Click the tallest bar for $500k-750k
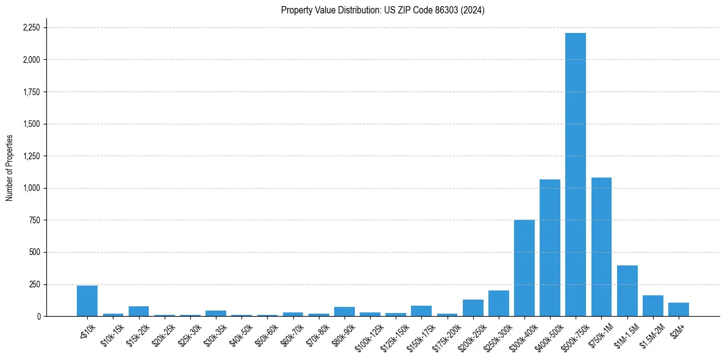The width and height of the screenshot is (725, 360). coord(575,175)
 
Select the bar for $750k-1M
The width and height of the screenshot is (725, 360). coord(601,247)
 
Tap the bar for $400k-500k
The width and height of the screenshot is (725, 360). coord(549,248)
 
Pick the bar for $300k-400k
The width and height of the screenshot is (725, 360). coord(524,268)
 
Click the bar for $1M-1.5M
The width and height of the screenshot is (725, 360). coord(627,291)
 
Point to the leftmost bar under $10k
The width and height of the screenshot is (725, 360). coord(87,301)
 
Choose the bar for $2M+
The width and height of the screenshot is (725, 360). coord(678,309)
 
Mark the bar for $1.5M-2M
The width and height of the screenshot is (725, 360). coord(652,306)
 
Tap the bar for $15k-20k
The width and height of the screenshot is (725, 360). coord(138,311)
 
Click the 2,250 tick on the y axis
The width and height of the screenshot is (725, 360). coord(32,28)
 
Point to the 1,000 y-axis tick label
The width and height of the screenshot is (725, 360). coord(32,188)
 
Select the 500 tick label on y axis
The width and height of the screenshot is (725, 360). coord(35,252)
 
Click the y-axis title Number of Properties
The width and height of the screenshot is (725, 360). coord(9,168)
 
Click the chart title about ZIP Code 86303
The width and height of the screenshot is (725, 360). coord(382,10)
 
